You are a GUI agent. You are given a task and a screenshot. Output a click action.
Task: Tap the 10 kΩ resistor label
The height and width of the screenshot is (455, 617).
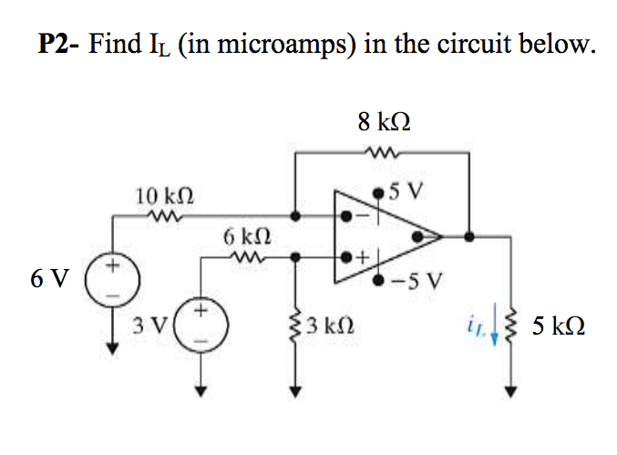coord(164,194)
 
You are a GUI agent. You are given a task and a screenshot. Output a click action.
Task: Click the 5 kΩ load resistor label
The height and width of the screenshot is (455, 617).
coord(559,325)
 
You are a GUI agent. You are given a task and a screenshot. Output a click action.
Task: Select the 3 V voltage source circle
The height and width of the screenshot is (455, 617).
coord(198,325)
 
